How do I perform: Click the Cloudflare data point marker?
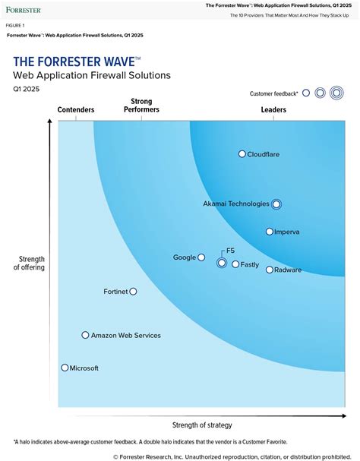[x=242, y=154]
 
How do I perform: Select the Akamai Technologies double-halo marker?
[x=276, y=204]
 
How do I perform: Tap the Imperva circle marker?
[x=269, y=232]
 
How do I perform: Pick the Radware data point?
[x=269, y=270]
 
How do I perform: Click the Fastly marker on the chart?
[x=235, y=264]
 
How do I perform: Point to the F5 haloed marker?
[x=222, y=263]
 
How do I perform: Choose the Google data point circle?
[x=201, y=257]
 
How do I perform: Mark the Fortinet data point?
[x=133, y=291]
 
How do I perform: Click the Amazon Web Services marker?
[x=85, y=335]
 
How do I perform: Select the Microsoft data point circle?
[x=65, y=368]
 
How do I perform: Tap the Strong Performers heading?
[x=141, y=105]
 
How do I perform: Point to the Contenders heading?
[x=76, y=109]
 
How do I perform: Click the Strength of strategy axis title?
[x=202, y=425]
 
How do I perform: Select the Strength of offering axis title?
[x=30, y=263]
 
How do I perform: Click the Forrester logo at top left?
[x=23, y=10]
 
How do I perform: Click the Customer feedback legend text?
[x=273, y=93]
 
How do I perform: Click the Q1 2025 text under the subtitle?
[x=25, y=89]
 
